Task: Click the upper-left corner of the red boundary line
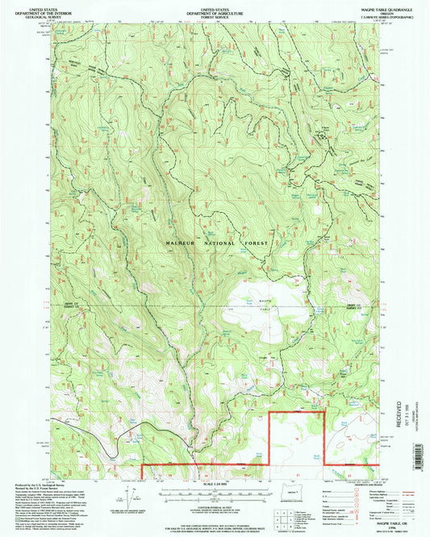tap(268, 414)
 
